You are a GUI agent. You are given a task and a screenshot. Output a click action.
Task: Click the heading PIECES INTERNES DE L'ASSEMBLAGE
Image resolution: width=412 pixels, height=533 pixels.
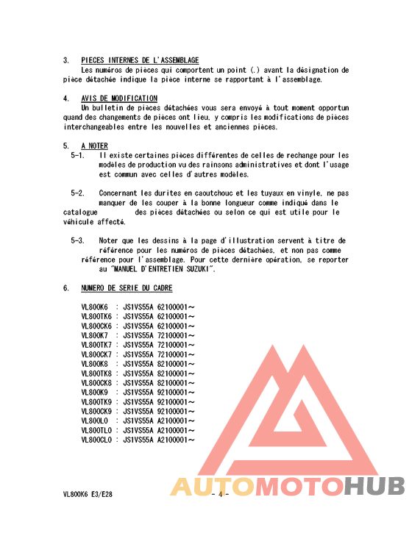(x=139, y=60)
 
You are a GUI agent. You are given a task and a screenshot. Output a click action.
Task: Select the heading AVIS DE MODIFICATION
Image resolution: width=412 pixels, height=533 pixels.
(x=118, y=99)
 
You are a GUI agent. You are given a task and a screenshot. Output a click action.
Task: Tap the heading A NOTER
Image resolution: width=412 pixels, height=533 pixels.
(x=94, y=146)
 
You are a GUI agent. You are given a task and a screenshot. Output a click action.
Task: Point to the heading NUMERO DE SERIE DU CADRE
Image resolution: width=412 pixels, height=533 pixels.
(x=127, y=288)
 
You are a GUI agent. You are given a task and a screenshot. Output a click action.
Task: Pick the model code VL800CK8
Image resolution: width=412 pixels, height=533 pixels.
(x=96, y=383)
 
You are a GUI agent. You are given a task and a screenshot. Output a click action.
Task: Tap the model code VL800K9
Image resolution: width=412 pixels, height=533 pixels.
(x=94, y=393)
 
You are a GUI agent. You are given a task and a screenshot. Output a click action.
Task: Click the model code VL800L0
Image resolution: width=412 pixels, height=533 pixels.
(x=94, y=421)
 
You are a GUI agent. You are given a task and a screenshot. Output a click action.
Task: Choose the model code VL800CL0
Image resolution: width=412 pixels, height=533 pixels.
(x=96, y=440)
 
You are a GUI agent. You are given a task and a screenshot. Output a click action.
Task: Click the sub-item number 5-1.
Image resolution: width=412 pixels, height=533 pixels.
(x=77, y=156)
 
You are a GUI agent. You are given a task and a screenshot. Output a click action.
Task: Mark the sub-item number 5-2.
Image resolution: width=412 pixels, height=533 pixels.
(x=77, y=193)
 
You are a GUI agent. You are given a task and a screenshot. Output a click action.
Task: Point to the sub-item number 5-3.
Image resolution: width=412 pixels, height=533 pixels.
(x=77, y=241)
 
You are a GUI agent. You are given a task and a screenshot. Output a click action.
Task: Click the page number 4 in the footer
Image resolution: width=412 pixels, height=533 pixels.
(x=219, y=495)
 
